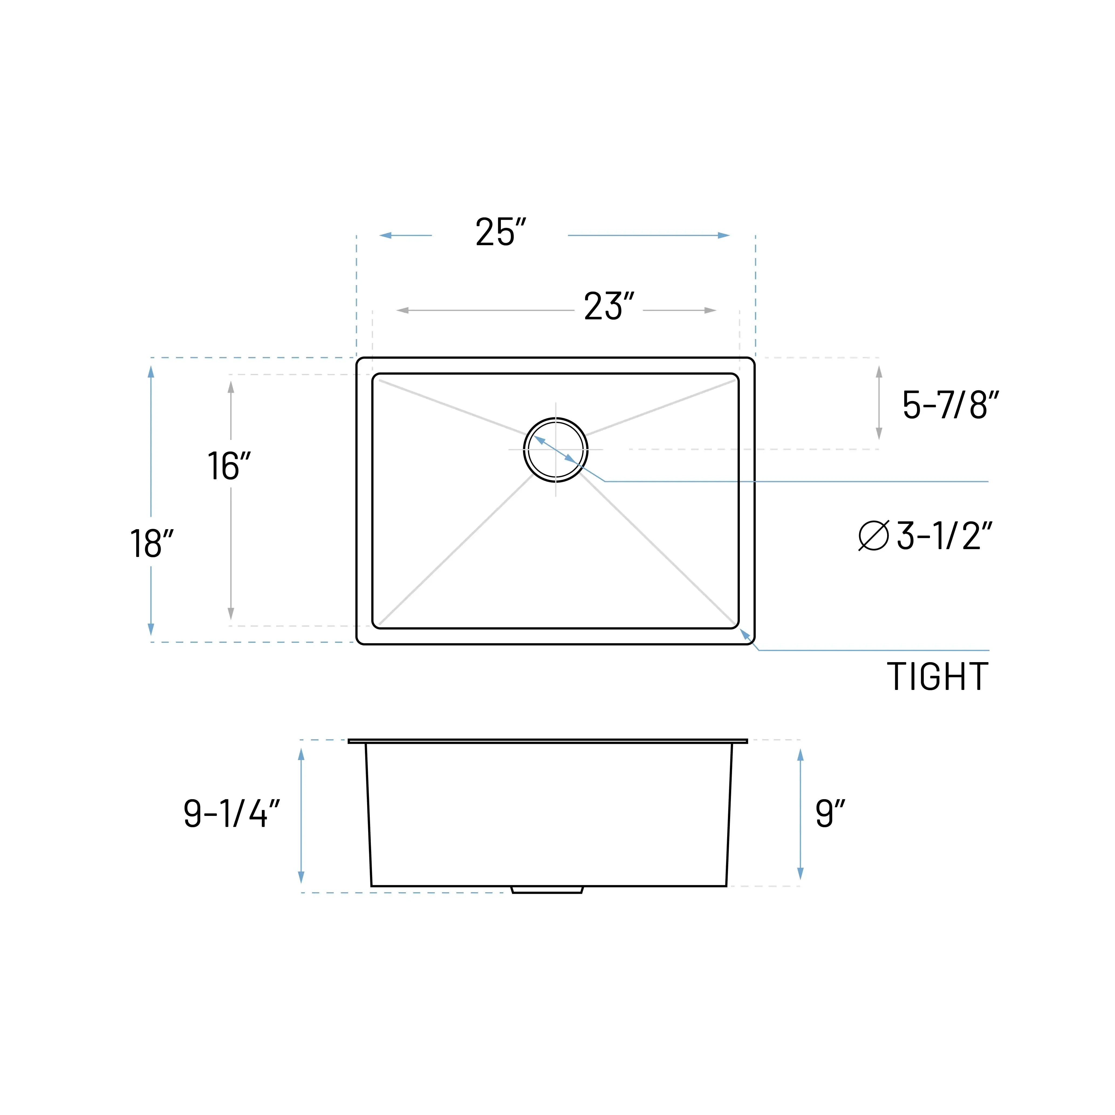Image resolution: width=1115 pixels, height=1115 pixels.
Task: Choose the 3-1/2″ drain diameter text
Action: pyautogui.click(x=944, y=536)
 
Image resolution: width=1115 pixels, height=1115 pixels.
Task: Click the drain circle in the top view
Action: pyautogui.click(x=555, y=450)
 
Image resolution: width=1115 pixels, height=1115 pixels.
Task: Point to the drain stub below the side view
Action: pyautogui.click(x=547, y=890)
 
